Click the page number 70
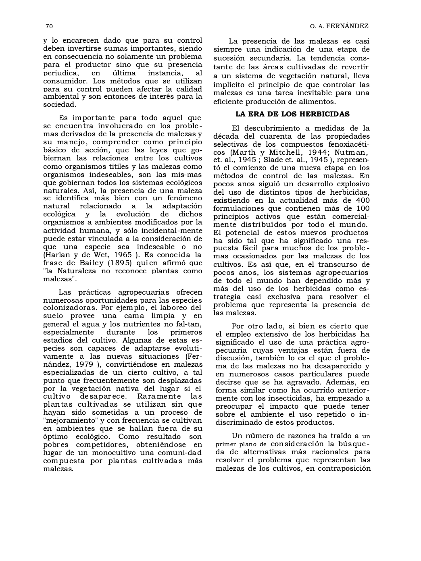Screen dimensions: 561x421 coord(49,26)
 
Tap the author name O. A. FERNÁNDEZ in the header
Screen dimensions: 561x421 coord(339,26)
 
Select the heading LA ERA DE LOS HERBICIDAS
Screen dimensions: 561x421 coord(292,114)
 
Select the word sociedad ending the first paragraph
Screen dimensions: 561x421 coord(59,104)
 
